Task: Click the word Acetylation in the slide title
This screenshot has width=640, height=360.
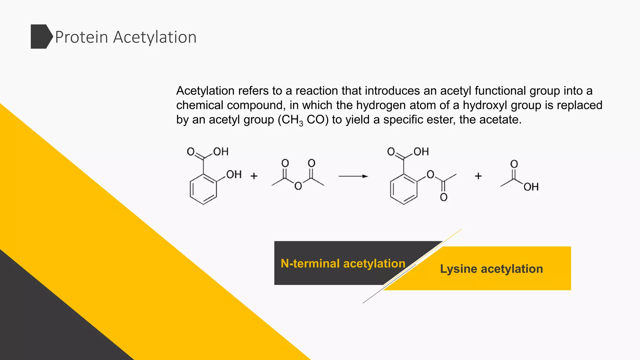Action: click(x=155, y=37)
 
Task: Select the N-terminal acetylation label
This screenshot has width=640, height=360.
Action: click(x=343, y=263)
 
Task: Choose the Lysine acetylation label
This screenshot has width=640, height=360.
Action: click(x=491, y=269)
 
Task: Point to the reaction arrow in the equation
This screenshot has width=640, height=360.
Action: click(x=353, y=176)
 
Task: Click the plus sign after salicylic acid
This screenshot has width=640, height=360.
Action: click(x=254, y=176)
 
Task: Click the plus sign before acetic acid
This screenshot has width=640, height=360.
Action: click(x=478, y=176)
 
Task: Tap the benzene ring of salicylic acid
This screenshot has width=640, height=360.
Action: click(x=203, y=189)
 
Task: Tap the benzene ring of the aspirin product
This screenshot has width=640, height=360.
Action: click(x=404, y=189)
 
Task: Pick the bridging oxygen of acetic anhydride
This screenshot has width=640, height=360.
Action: click(x=298, y=186)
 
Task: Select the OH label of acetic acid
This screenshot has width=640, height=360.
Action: click(x=531, y=187)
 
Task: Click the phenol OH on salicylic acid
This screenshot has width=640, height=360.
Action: click(x=234, y=174)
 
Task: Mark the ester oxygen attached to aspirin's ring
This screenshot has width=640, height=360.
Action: click(x=430, y=174)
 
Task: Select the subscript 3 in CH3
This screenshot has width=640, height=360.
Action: click(x=301, y=124)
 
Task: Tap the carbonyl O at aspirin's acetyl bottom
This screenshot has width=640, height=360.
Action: click(x=444, y=197)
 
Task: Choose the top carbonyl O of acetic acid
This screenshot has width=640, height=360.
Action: click(x=514, y=164)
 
